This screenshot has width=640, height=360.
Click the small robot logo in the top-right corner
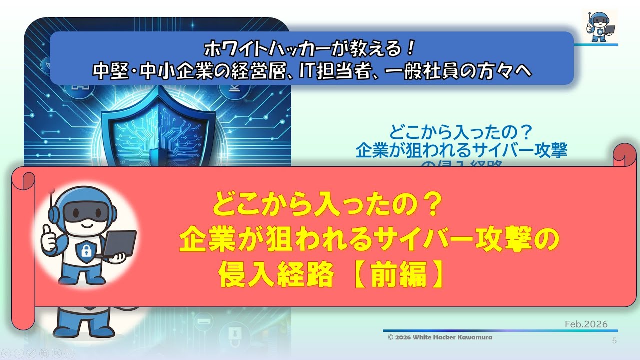600,25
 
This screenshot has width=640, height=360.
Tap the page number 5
614,341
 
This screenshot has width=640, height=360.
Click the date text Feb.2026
586,324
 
